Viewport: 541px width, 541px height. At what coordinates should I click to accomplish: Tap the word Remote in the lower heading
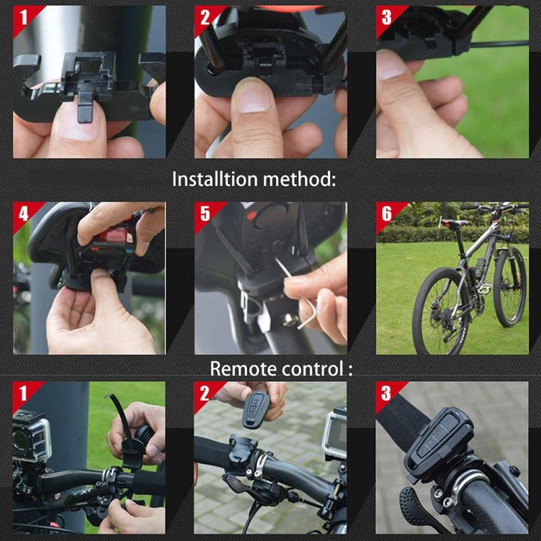coord(240,369)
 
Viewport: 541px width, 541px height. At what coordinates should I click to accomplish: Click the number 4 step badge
coord(24,213)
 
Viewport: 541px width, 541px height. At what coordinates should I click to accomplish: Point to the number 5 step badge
coord(205,213)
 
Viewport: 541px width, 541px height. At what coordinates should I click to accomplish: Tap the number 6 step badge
coord(386,213)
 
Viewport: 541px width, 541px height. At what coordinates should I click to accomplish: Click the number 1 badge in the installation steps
coord(24,17)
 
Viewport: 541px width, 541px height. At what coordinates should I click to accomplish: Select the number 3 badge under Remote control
coord(386,393)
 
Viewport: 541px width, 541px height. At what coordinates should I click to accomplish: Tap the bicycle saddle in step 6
coord(455,222)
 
